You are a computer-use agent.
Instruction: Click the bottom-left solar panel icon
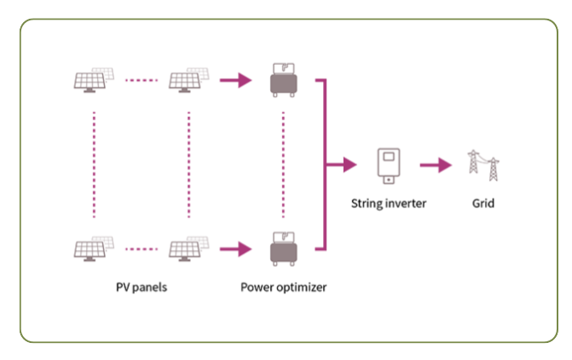(93, 249)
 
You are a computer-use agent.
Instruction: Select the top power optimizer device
(282, 81)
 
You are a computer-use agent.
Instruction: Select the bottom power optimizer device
(282, 249)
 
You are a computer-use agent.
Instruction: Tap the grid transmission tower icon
(482, 165)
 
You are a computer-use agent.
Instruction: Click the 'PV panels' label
(142, 287)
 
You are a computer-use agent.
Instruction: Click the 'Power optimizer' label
(283, 287)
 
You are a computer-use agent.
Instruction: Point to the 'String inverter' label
(389, 204)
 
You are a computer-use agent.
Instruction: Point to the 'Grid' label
(482, 204)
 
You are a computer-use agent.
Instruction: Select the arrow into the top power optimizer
(235, 81)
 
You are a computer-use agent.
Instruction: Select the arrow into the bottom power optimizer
(235, 249)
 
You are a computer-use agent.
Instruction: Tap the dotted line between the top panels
(142, 81)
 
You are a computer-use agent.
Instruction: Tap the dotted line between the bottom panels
(142, 249)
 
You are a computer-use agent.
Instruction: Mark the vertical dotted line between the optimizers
(282, 165)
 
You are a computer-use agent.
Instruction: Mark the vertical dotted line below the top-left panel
(94, 165)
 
